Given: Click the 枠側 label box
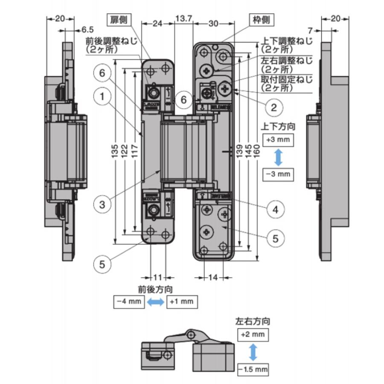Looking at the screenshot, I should (x=259, y=20).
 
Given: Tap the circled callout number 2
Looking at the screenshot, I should (x=273, y=107).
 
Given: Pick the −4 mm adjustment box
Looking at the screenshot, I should (x=128, y=301).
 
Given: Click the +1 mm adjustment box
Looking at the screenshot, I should (x=182, y=301).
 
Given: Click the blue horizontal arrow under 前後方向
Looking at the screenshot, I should (x=155, y=302).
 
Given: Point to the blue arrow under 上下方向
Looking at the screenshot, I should (x=278, y=157).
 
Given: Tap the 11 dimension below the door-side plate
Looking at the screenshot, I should (x=158, y=277).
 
